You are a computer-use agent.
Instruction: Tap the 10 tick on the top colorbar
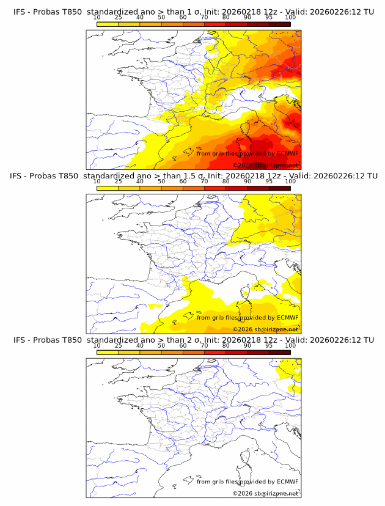[x=97, y=17]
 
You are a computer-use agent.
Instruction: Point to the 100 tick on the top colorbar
[x=290, y=17]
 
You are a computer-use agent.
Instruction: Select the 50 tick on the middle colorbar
[x=161, y=181]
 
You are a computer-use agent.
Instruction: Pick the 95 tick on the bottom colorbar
[x=269, y=345]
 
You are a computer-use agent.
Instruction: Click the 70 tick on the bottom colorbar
[x=204, y=345]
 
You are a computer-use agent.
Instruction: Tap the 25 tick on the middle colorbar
[x=119, y=181]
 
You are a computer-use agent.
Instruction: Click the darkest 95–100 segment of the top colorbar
[x=279, y=24]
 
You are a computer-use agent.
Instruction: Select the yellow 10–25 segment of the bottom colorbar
[x=108, y=351]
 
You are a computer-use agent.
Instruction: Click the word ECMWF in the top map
[x=288, y=153]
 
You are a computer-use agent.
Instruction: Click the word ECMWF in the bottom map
[x=288, y=481]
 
